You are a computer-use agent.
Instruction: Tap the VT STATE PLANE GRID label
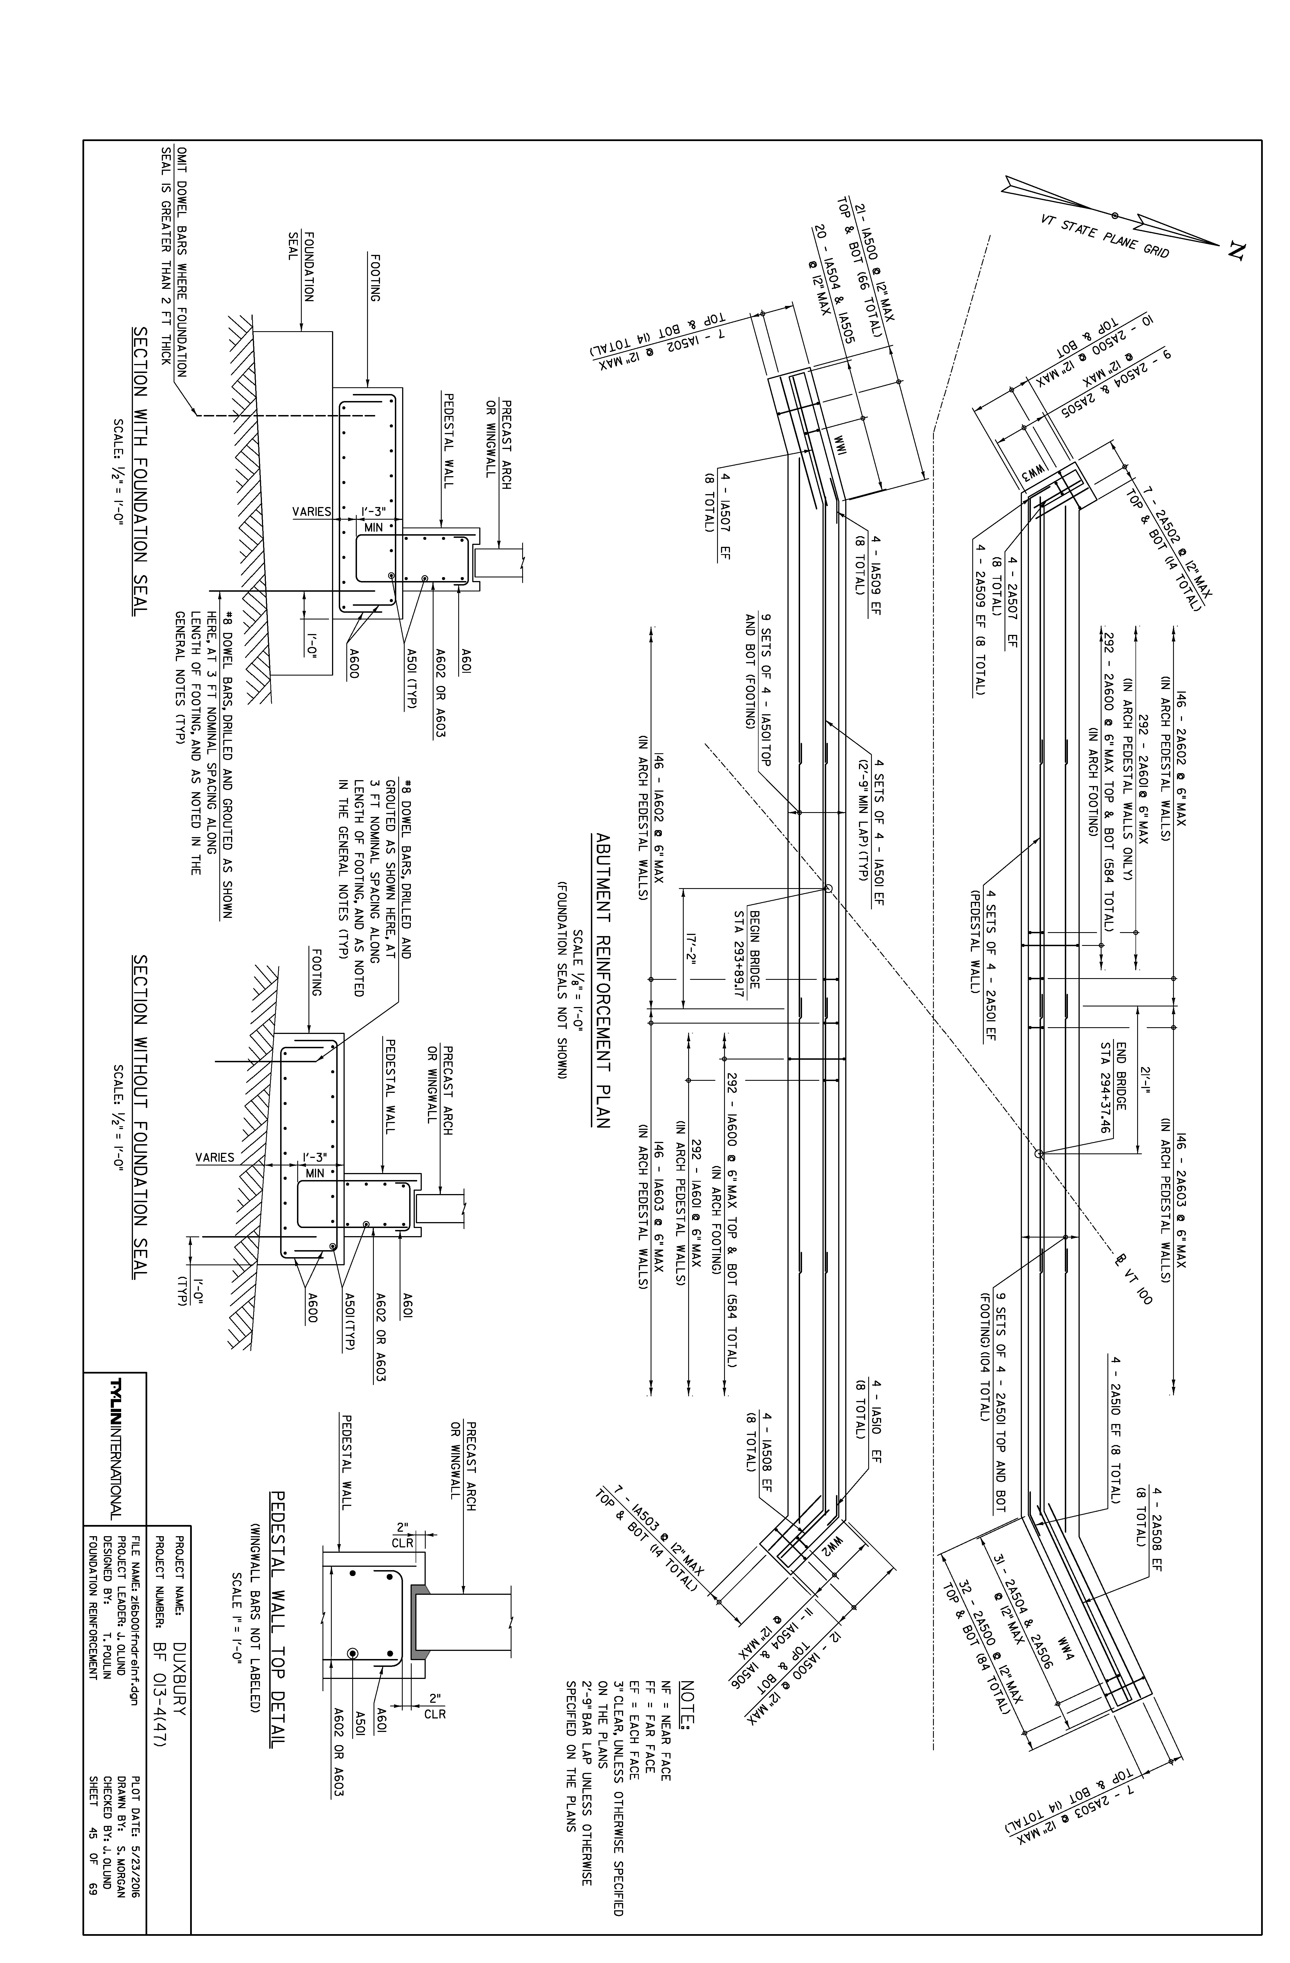[1105, 235]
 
